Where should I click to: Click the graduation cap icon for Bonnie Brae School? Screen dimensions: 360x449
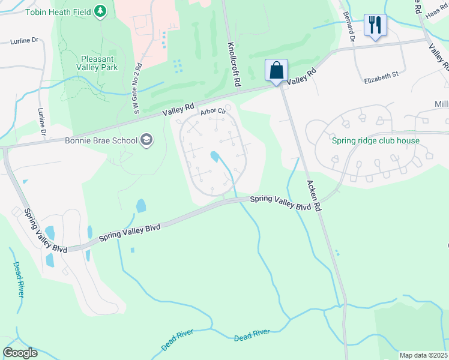(x=146, y=141)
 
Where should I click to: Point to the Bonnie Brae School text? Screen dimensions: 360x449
(x=101, y=141)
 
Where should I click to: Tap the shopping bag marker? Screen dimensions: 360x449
(x=277, y=70)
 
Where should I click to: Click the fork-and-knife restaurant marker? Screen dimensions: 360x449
(x=375, y=25)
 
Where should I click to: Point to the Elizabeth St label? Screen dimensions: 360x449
(x=381, y=76)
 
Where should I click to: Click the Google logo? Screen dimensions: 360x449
(x=20, y=353)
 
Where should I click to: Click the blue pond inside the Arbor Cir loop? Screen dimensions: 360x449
(x=214, y=157)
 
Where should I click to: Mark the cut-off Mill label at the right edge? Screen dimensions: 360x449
(x=441, y=104)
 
